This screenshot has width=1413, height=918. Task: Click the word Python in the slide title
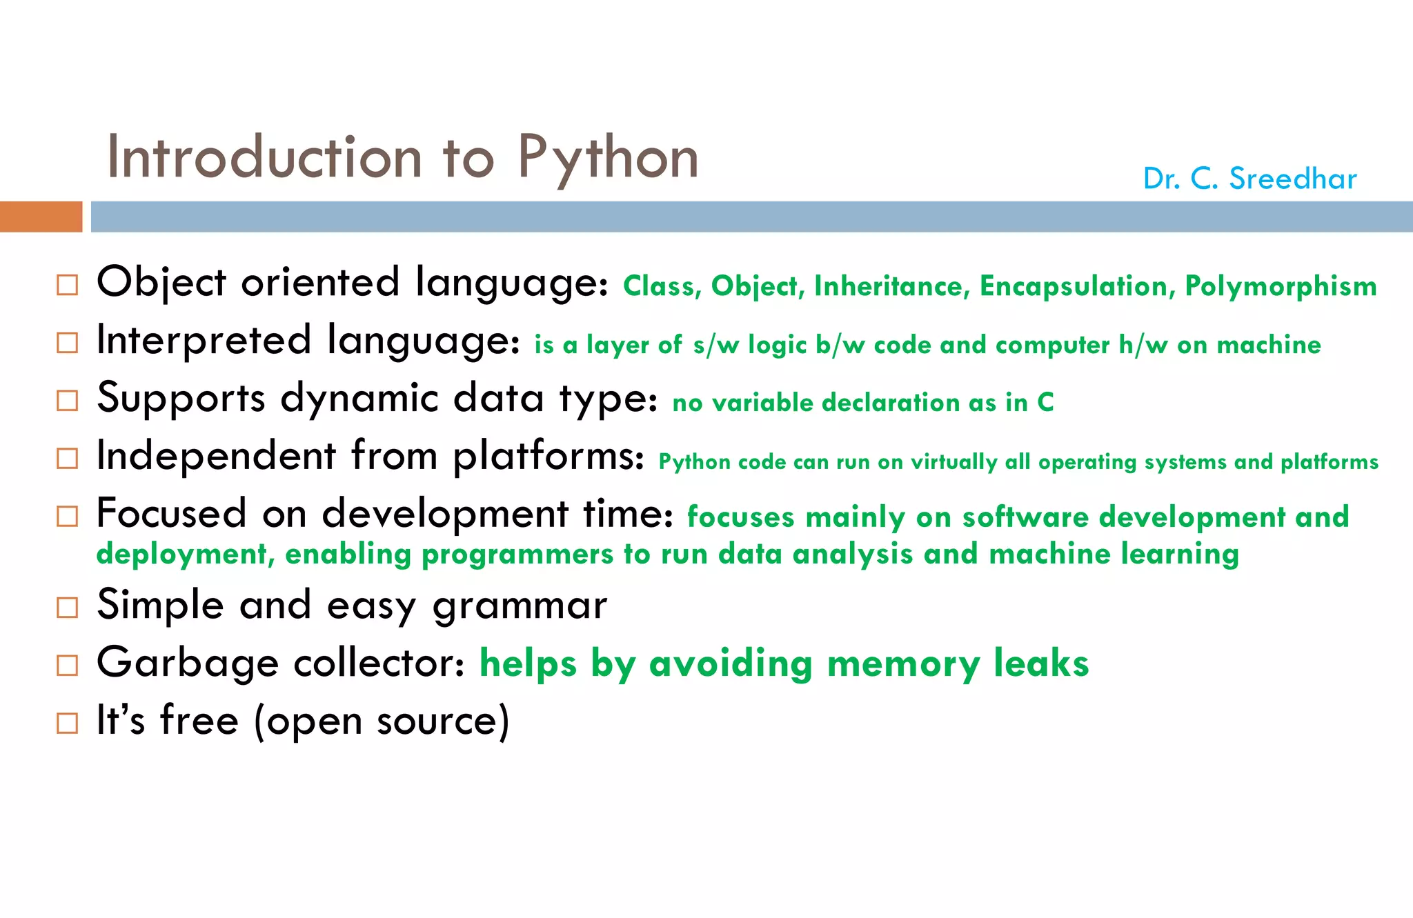608,158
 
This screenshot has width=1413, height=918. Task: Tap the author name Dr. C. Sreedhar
1249,179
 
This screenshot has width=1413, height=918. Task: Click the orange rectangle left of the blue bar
41,217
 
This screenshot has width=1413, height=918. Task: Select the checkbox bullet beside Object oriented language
67,284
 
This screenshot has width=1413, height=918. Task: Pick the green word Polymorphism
1281,286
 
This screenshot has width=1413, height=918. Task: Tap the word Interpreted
204,341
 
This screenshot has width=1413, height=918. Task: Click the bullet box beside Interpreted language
67,343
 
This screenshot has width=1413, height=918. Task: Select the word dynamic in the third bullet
359,399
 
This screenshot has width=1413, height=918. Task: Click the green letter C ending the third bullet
1045,402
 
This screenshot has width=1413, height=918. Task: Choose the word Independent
216,456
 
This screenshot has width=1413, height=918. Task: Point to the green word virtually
954,462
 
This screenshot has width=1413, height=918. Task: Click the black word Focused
171,514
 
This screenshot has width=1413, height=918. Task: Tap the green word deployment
185,555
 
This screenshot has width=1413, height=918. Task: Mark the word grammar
520,606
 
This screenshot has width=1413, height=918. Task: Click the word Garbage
188,663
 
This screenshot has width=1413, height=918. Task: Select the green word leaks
1041,663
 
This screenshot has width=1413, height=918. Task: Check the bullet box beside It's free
67,723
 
